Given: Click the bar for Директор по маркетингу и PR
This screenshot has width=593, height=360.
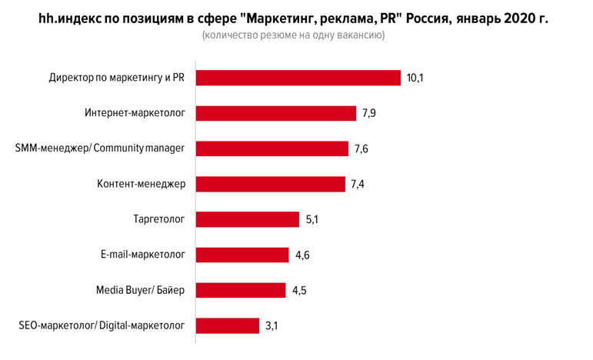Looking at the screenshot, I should (x=298, y=78).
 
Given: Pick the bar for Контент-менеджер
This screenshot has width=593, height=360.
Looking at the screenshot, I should (x=270, y=185).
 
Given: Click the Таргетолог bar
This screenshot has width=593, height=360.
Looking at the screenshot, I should (x=247, y=220).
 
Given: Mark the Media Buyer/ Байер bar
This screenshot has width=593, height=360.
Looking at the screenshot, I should (x=242, y=291).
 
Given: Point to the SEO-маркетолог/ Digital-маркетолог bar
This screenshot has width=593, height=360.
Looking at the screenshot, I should (x=228, y=326).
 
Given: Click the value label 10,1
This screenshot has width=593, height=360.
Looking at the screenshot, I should (x=416, y=78).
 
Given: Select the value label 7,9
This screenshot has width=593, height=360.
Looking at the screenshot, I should (x=370, y=114).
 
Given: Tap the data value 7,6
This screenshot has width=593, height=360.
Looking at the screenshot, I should (x=362, y=149).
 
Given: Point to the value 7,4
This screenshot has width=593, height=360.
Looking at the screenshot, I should (x=358, y=185).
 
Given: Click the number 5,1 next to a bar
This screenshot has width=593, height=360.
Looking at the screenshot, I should (x=312, y=220).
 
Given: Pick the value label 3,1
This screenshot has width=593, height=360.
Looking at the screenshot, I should (x=272, y=326).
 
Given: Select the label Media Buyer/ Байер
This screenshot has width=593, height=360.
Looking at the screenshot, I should (x=140, y=291).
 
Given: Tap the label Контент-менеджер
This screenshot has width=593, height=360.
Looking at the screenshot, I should (x=141, y=185).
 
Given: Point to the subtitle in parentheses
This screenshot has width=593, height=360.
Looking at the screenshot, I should (x=293, y=36).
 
